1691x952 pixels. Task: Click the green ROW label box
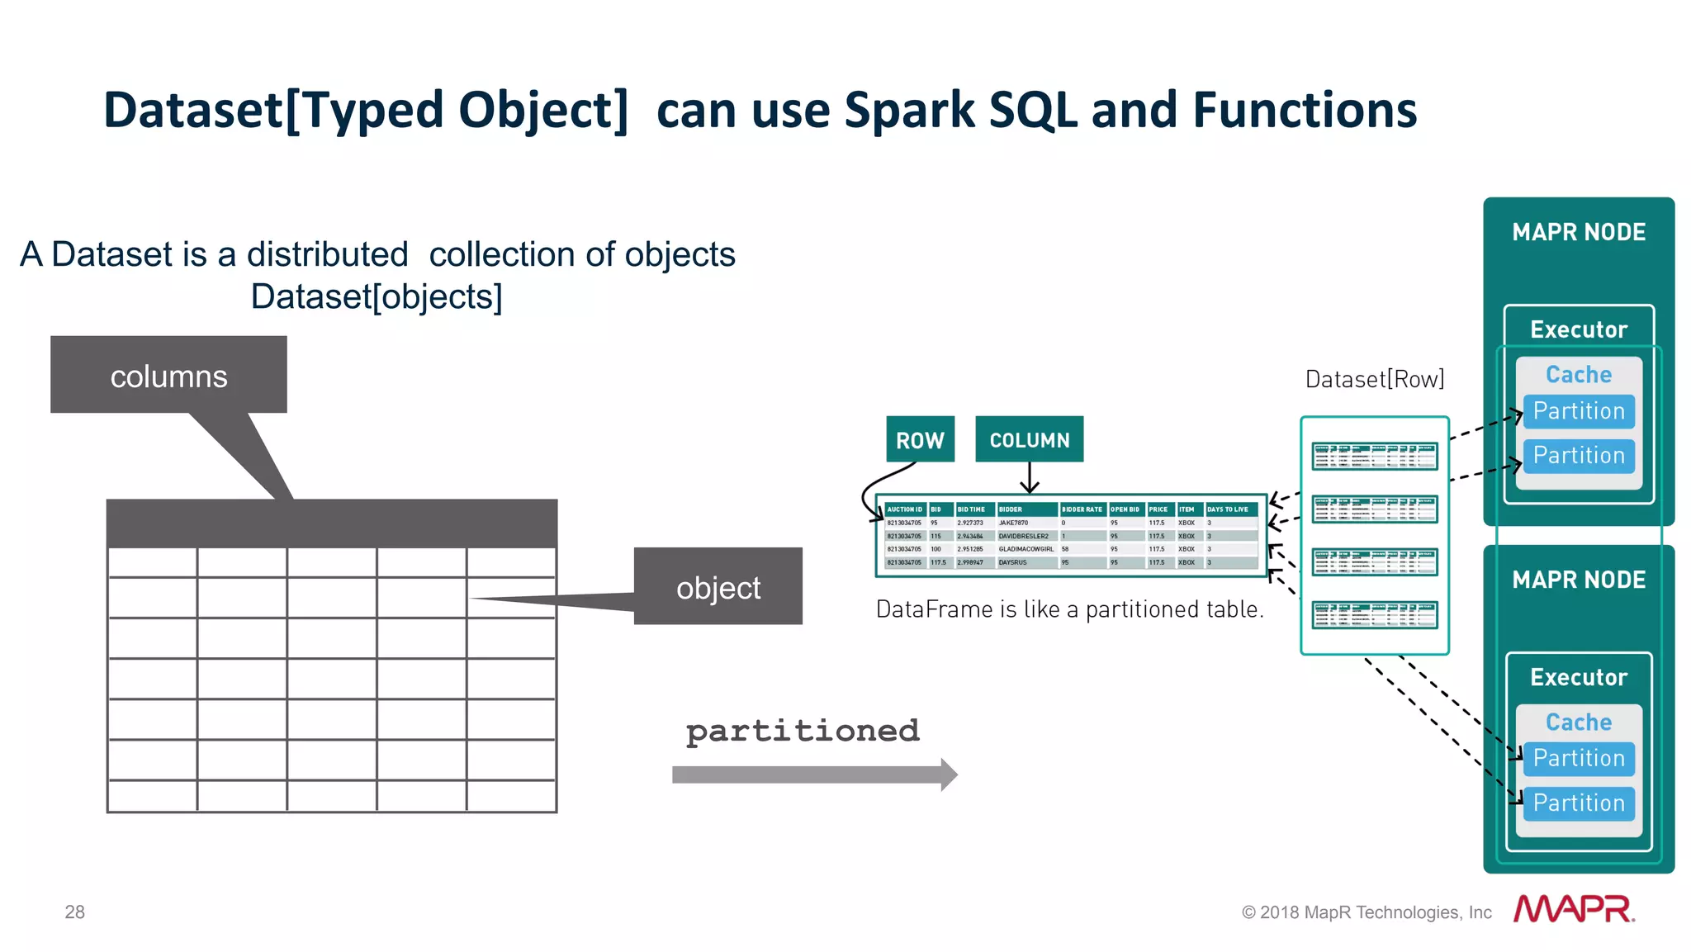(920, 439)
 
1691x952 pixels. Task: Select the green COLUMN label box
(1029, 439)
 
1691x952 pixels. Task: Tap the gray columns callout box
(168, 376)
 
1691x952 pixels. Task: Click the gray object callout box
(718, 587)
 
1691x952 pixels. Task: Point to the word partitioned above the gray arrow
(802, 731)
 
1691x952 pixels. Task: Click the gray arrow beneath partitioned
(813, 774)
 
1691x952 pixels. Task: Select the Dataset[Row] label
(1374, 379)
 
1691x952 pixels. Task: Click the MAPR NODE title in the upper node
(1578, 232)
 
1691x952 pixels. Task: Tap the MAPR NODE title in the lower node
(1578, 580)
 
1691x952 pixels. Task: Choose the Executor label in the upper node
(1578, 329)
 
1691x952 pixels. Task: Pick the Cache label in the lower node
(1578, 722)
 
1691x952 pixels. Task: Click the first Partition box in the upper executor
(1578, 411)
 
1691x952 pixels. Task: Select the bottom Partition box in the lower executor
(1578, 803)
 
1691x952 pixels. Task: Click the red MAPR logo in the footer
(1574, 909)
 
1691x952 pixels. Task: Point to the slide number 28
(74, 912)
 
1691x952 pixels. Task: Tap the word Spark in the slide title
(910, 110)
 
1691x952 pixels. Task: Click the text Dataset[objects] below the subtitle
(377, 296)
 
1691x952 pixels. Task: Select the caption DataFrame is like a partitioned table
(1069, 609)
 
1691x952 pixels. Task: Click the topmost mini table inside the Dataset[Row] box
(1374, 456)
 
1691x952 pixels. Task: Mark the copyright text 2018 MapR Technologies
(1367, 912)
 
